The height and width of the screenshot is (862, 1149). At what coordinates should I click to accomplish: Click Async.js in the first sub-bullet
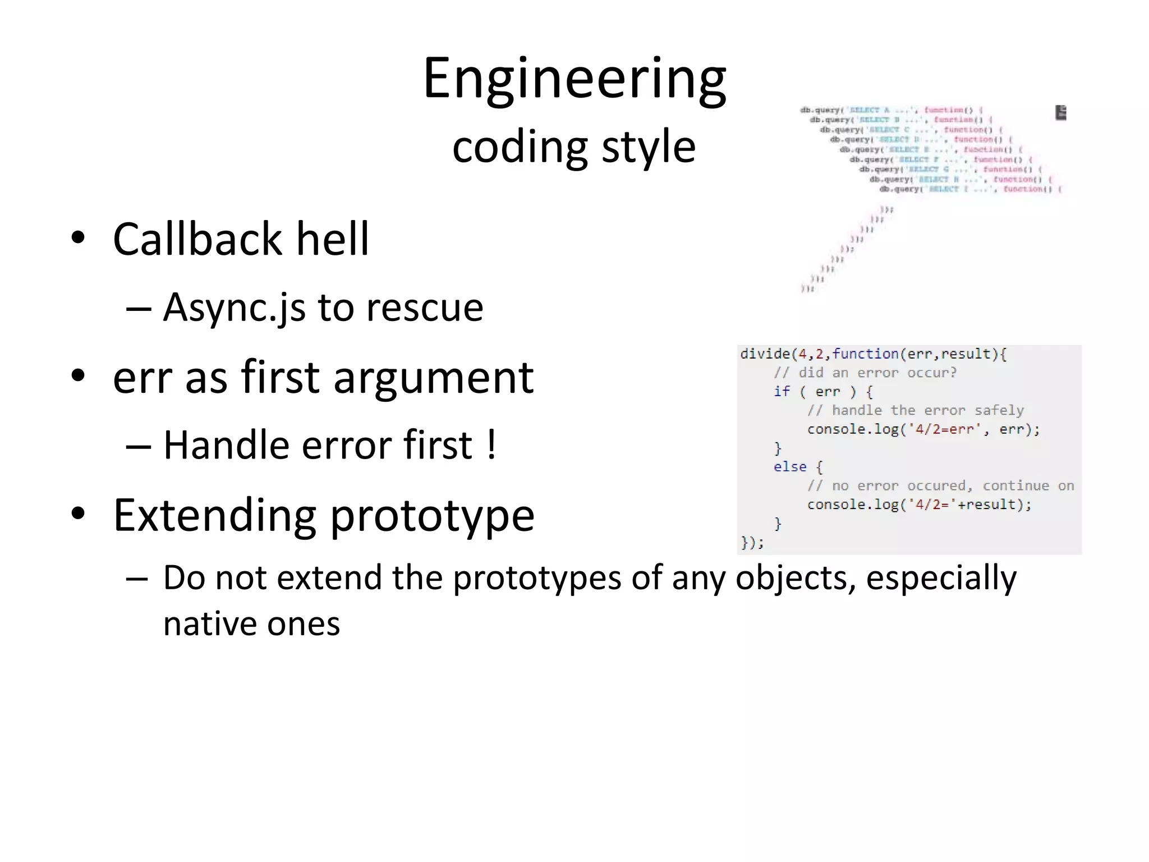click(x=234, y=308)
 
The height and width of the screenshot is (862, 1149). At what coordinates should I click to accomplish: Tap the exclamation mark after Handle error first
click(x=491, y=445)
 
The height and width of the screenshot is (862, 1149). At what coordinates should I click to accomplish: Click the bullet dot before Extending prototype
click(x=78, y=512)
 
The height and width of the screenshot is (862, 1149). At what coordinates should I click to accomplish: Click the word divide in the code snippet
click(x=764, y=354)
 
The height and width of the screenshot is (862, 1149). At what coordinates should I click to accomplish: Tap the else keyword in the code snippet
click(x=789, y=467)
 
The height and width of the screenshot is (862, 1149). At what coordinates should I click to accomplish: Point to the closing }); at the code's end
click(x=752, y=542)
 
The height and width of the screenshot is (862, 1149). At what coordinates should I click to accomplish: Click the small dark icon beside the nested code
click(x=1060, y=112)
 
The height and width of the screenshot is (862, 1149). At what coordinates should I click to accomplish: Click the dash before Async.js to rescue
click(x=138, y=308)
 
